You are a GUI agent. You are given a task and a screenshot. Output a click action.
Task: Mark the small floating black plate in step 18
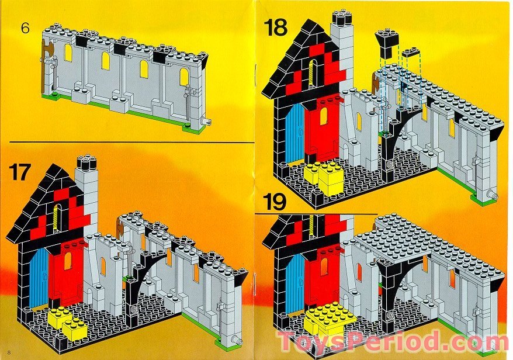(x=411, y=53)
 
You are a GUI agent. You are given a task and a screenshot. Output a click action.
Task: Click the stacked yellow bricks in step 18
(x=325, y=176)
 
